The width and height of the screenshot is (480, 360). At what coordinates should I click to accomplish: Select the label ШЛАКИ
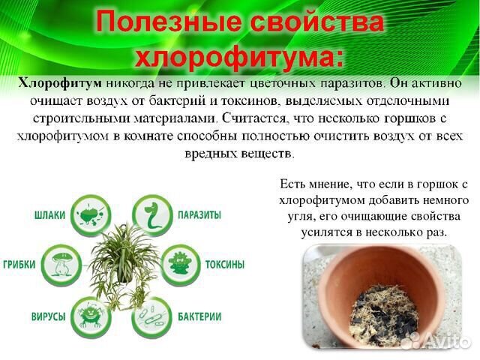coord(50,215)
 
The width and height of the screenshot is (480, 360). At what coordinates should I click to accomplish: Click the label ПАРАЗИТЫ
coord(199,214)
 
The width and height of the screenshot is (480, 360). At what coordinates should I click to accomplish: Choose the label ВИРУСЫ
coord(48,316)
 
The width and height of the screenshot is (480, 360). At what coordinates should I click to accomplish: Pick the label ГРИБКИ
coord(19,265)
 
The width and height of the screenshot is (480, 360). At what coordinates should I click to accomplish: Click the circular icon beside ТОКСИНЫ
coord(181,265)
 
